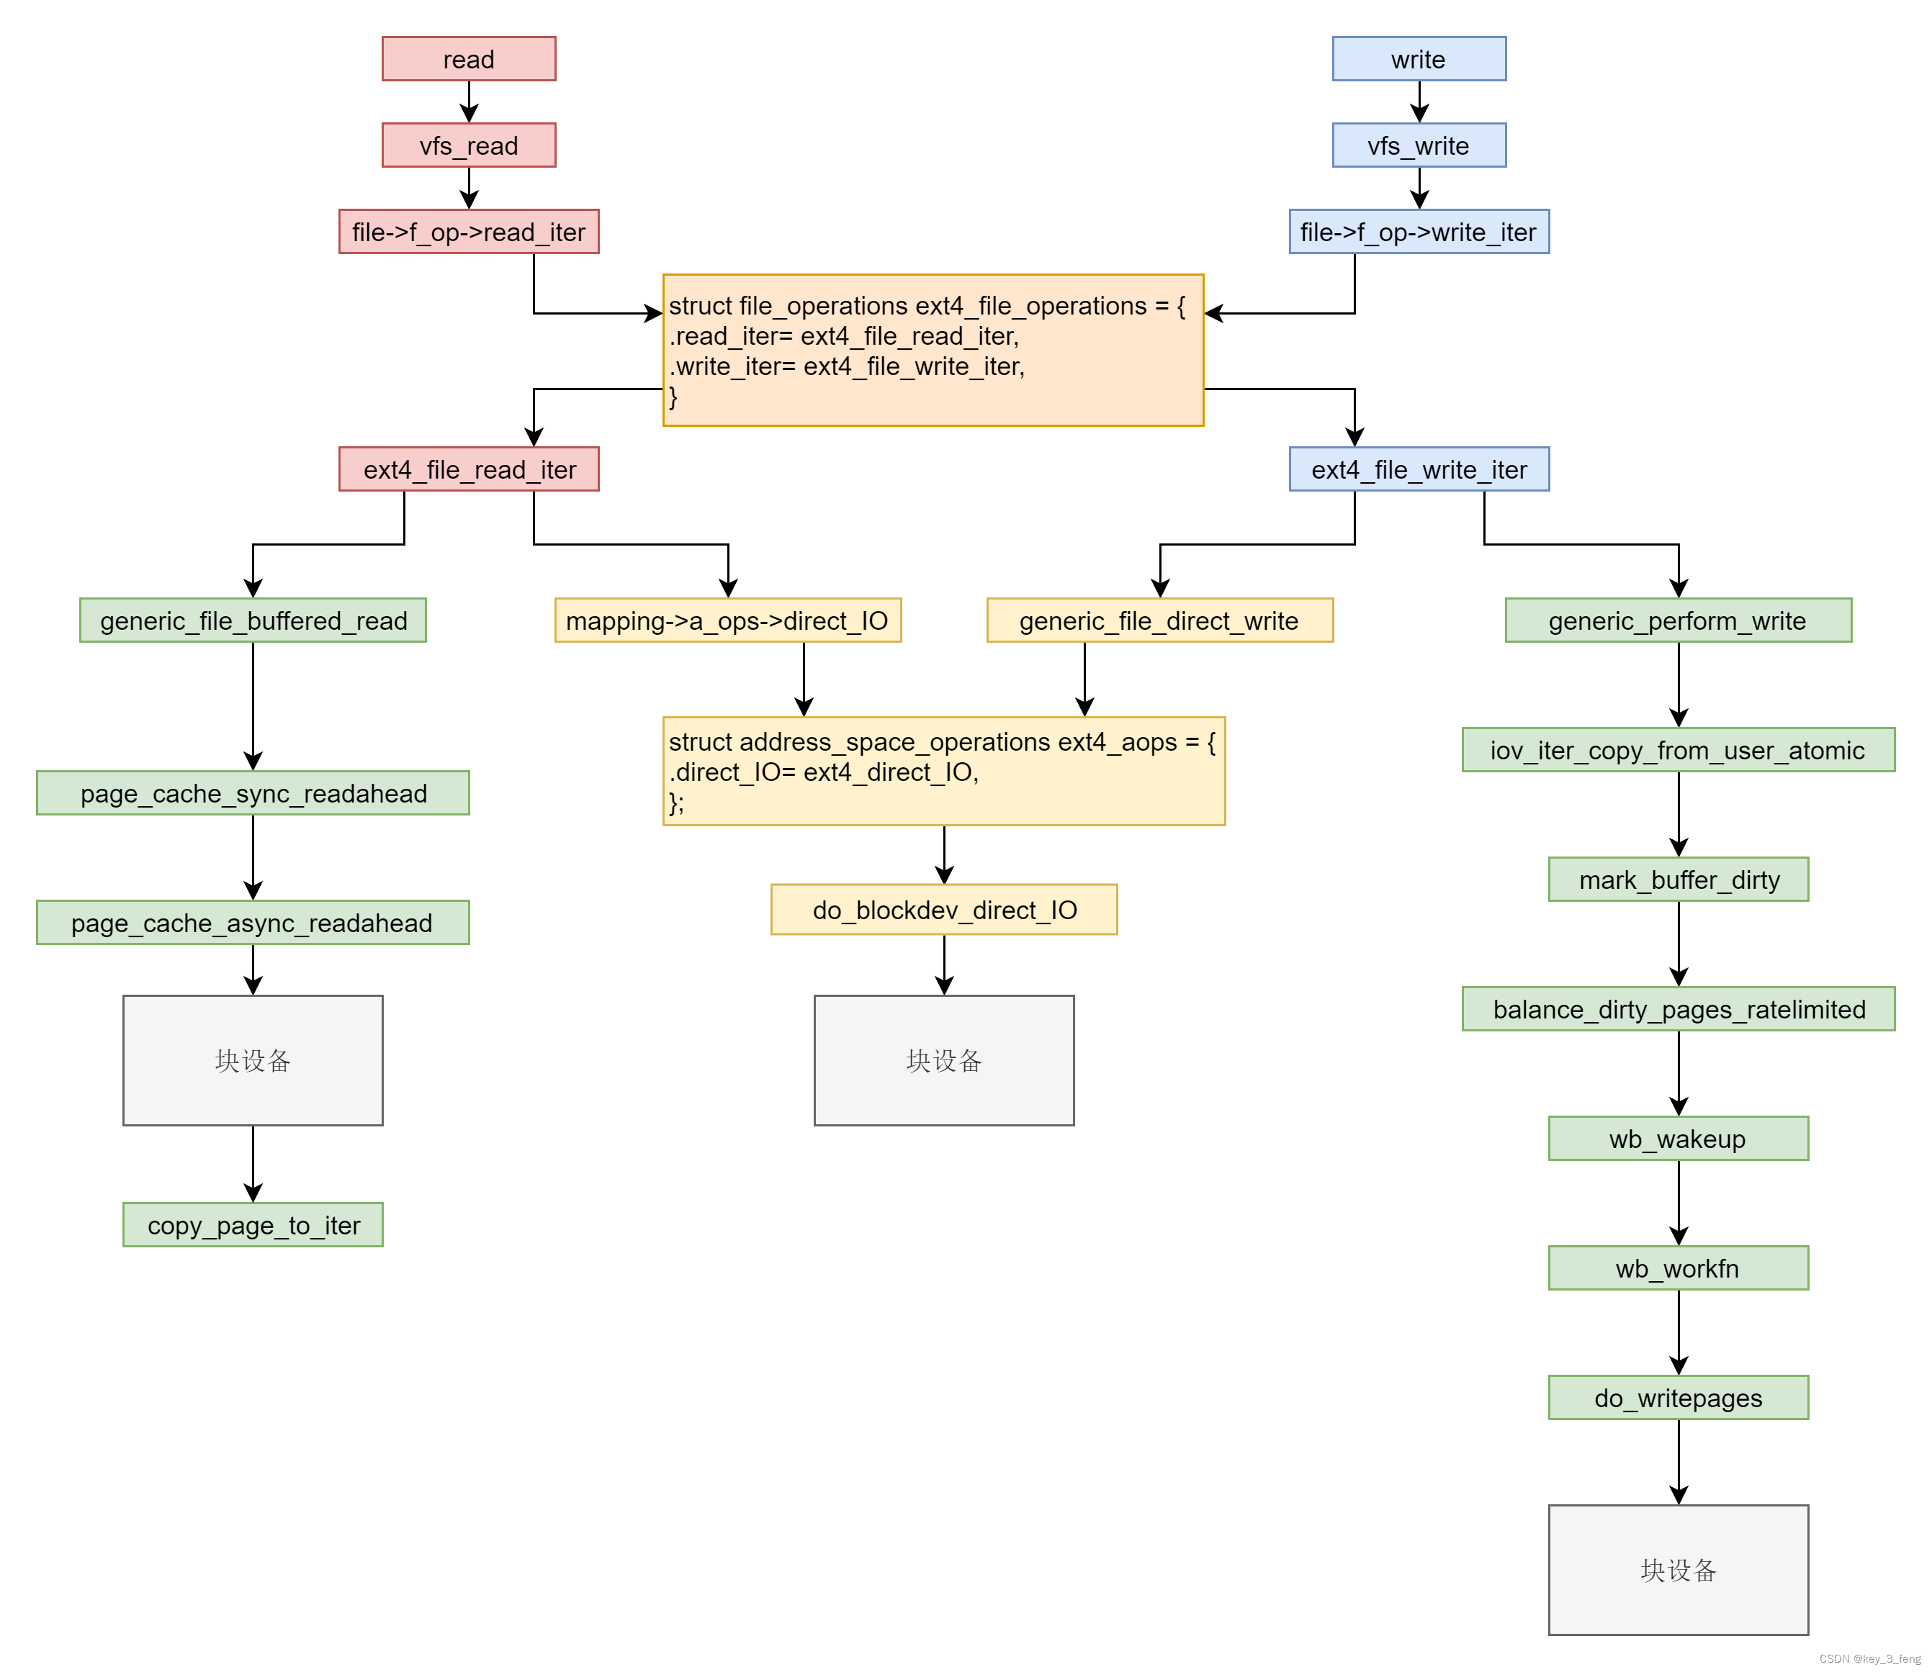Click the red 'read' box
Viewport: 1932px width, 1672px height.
click(469, 59)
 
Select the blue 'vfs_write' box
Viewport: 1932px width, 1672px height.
click(1419, 145)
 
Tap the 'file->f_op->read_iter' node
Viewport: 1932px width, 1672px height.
click(469, 231)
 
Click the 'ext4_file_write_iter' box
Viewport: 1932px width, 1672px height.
click(1419, 469)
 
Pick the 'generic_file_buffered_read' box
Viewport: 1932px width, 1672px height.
click(253, 620)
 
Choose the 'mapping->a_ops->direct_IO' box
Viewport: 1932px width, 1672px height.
click(728, 620)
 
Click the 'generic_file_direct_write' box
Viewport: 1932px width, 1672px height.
click(1160, 620)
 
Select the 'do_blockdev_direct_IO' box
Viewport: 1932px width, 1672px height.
click(943, 910)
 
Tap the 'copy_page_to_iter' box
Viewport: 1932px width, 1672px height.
click(253, 1225)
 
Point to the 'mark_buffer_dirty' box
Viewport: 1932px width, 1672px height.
click(1678, 880)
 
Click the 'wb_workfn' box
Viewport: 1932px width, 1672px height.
click(1678, 1268)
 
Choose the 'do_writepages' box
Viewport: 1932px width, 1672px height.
click(1678, 1398)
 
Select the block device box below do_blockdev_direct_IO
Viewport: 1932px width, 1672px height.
click(943, 1061)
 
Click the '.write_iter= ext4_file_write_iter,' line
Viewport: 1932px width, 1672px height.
click(847, 366)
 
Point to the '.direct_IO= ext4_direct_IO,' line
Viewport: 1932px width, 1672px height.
click(823, 772)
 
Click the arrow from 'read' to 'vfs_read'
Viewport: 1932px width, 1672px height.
click(469, 101)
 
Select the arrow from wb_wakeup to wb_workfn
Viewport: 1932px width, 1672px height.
click(1678, 1203)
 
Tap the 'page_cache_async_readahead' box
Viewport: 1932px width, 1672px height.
click(253, 923)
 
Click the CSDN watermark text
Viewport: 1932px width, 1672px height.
click(1869, 1659)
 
